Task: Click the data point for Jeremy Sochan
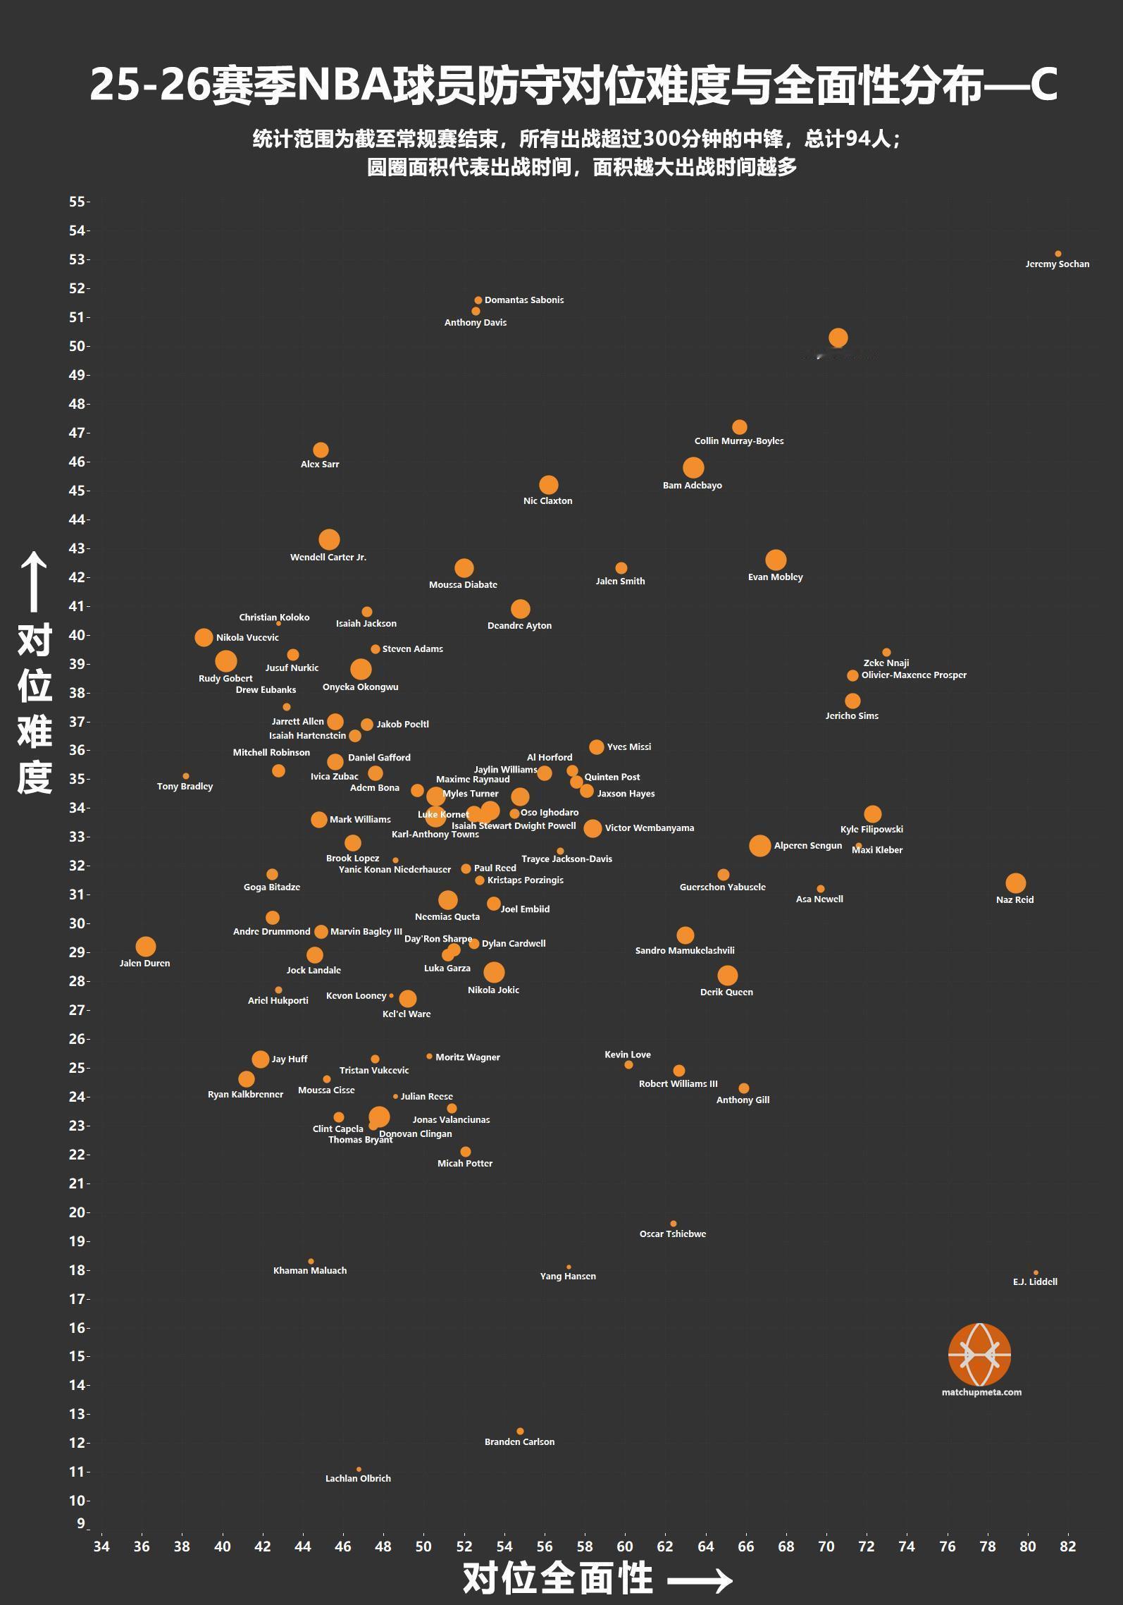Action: pyautogui.click(x=1057, y=254)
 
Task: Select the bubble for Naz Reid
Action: pyautogui.click(x=1015, y=883)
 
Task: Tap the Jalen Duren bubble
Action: pyautogui.click(x=145, y=947)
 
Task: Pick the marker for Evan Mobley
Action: pyautogui.click(x=776, y=560)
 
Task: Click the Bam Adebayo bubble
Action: pyautogui.click(x=693, y=467)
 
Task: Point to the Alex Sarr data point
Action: pyautogui.click(x=321, y=450)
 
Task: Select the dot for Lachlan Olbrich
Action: pyautogui.click(x=359, y=1470)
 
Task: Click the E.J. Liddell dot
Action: pyautogui.click(x=1036, y=1273)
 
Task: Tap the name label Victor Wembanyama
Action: pyautogui.click(x=649, y=828)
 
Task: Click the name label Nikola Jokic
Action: pyautogui.click(x=493, y=990)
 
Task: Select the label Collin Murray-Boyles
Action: pyautogui.click(x=739, y=441)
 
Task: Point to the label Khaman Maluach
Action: pyautogui.click(x=310, y=1271)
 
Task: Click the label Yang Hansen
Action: pyautogui.click(x=568, y=1277)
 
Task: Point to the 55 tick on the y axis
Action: pyautogui.click(x=77, y=202)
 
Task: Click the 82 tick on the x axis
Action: pyautogui.click(x=1067, y=1546)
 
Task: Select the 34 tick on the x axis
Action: pyautogui.click(x=101, y=1546)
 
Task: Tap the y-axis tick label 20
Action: pyautogui.click(x=77, y=1212)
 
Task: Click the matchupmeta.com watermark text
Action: pyautogui.click(x=981, y=1392)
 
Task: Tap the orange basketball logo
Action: pyautogui.click(x=980, y=1354)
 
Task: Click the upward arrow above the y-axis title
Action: pyautogui.click(x=34, y=582)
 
